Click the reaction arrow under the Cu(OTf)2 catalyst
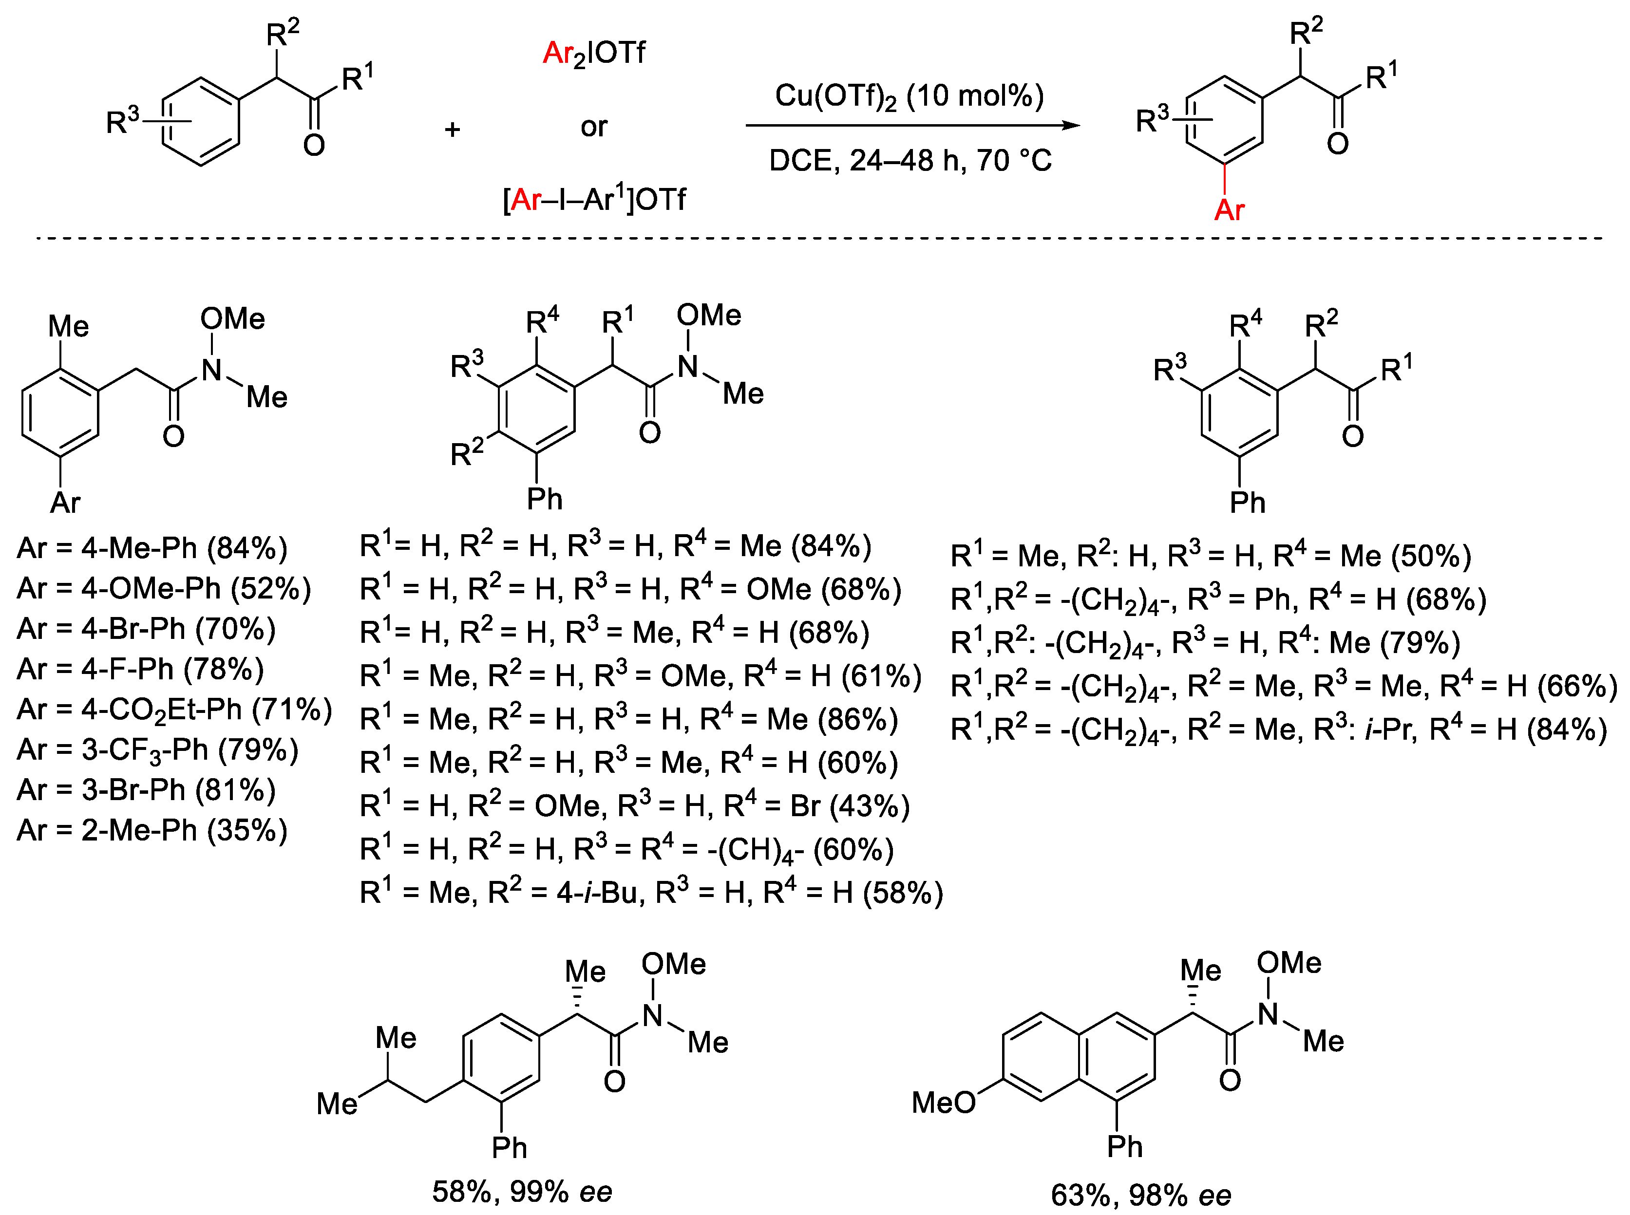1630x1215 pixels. (x=912, y=125)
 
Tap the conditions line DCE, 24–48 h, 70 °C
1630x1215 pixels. (x=910, y=160)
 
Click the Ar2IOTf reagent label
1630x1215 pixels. (x=594, y=54)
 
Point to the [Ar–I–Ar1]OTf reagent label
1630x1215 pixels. (x=594, y=199)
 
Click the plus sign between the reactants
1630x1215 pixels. (x=453, y=130)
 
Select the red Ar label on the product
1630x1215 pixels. (x=1229, y=210)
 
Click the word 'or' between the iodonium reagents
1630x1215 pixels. (x=594, y=127)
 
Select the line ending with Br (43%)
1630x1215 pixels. (x=635, y=806)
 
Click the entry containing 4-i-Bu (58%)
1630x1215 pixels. (x=651, y=893)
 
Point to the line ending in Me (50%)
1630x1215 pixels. (x=1211, y=556)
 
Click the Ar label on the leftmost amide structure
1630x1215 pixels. (x=65, y=503)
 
